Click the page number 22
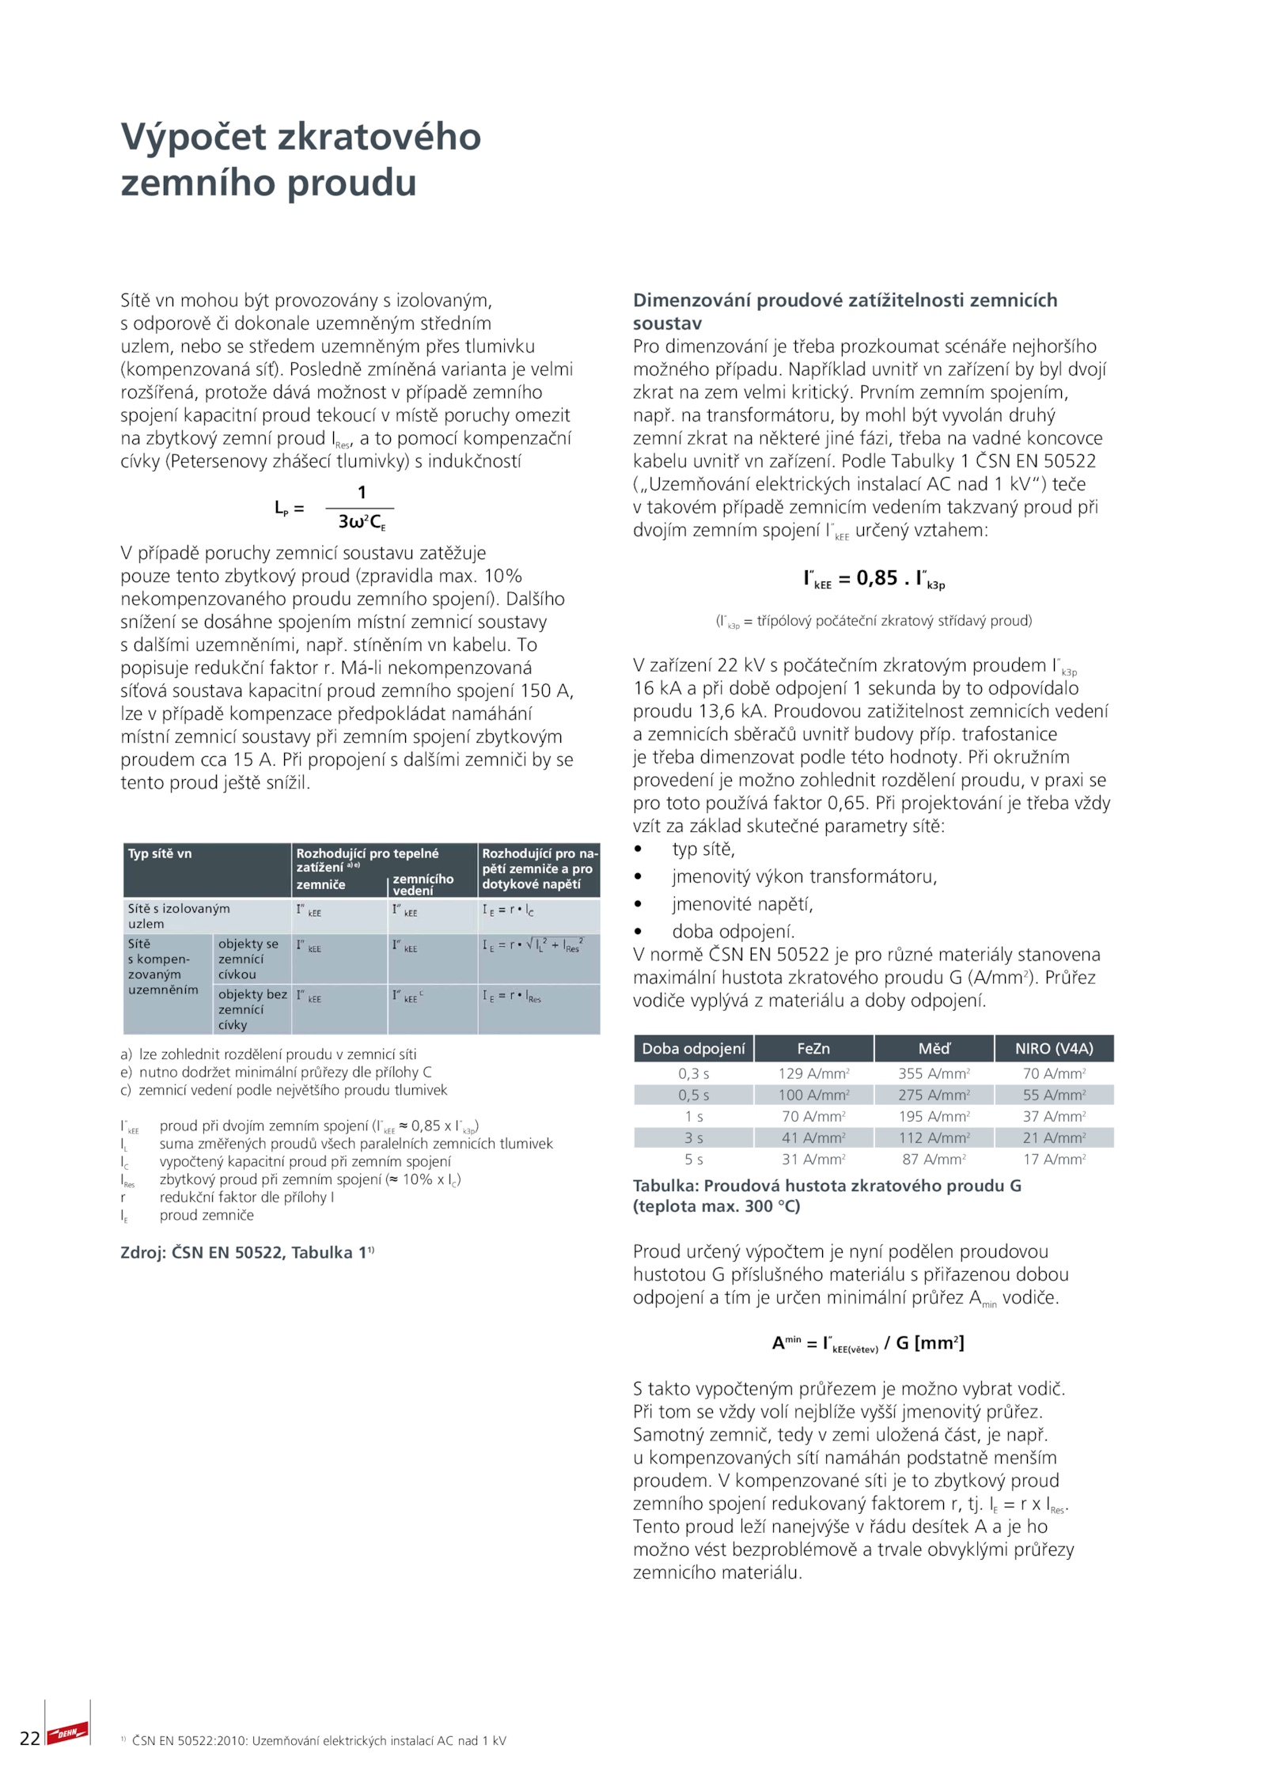29,1738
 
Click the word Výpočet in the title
193,137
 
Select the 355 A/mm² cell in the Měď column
933,1073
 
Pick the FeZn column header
813,1048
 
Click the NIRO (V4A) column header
1053,1048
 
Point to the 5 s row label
693,1159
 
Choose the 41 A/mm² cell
813,1137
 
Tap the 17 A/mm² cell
1053,1159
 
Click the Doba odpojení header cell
693,1048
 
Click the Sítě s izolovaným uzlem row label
179,916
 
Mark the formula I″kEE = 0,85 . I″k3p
874,579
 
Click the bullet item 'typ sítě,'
703,849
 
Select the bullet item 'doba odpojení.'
733,931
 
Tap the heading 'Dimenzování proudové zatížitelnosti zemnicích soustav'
844,311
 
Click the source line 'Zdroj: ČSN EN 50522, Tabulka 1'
246,1252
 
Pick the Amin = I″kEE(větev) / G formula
867,1343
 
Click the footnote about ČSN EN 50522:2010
317,1740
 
